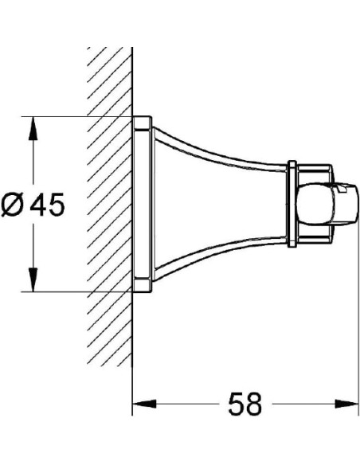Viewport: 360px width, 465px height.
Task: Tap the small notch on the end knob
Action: [x=344, y=190]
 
